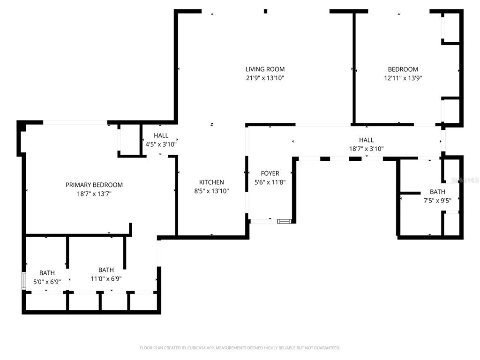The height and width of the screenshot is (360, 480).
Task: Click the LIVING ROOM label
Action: tap(265, 69)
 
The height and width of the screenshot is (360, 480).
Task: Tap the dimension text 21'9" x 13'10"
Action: tap(265, 78)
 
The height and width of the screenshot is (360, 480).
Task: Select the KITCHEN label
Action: tap(211, 182)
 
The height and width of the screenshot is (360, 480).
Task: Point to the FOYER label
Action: tap(270, 173)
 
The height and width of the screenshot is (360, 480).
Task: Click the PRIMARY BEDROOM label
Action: tap(94, 185)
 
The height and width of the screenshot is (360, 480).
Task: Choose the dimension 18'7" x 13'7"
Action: tap(94, 194)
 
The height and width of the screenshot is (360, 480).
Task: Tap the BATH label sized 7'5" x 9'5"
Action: tap(437, 192)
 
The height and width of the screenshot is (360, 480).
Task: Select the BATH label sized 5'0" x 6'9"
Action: tap(47, 273)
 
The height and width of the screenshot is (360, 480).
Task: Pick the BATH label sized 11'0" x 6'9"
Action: tap(106, 270)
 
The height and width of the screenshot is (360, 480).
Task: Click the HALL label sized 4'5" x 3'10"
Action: tap(161, 135)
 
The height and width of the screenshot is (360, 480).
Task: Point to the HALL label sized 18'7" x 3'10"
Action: tap(367, 140)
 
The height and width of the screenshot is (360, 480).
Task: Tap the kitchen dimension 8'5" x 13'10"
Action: tap(211, 191)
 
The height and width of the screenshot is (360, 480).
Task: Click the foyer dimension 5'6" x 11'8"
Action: tap(270, 182)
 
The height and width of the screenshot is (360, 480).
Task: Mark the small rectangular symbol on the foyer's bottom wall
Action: tap(284, 221)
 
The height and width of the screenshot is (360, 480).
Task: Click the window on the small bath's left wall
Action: tap(23, 280)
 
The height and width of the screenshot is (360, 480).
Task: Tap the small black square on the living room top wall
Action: tap(265, 11)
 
